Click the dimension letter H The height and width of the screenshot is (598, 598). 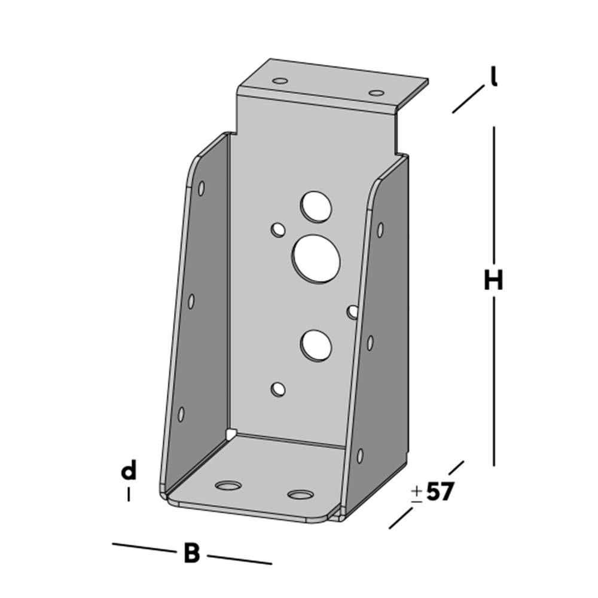pyautogui.click(x=493, y=280)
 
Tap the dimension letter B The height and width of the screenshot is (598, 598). pyautogui.click(x=191, y=554)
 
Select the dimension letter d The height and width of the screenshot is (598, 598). pyautogui.click(x=129, y=471)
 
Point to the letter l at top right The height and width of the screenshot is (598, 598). pyautogui.click(x=494, y=77)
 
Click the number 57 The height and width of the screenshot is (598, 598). pyautogui.click(x=440, y=492)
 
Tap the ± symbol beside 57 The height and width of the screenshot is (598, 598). pyautogui.click(x=417, y=493)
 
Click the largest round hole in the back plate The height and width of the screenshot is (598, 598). pyautogui.click(x=316, y=258)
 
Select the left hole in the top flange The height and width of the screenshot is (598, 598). pyautogui.click(x=279, y=80)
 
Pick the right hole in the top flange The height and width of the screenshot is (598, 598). pyautogui.click(x=376, y=93)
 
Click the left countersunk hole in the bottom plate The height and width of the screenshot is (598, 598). pyautogui.click(x=228, y=485)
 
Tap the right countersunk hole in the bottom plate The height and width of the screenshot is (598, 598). pyautogui.click(x=300, y=495)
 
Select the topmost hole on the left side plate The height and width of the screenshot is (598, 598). pyautogui.click(x=202, y=188)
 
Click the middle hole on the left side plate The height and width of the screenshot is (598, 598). pyautogui.click(x=191, y=301)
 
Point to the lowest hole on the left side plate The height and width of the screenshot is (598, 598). pyautogui.click(x=181, y=413)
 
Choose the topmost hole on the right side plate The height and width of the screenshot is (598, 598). pyautogui.click(x=380, y=229)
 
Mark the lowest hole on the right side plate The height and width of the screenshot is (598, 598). pyautogui.click(x=360, y=456)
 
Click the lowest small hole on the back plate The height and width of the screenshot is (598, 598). pyautogui.click(x=278, y=389)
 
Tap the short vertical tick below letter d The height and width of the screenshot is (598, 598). pyautogui.click(x=129, y=495)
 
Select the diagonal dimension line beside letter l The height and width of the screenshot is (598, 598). pyautogui.click(x=468, y=99)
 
